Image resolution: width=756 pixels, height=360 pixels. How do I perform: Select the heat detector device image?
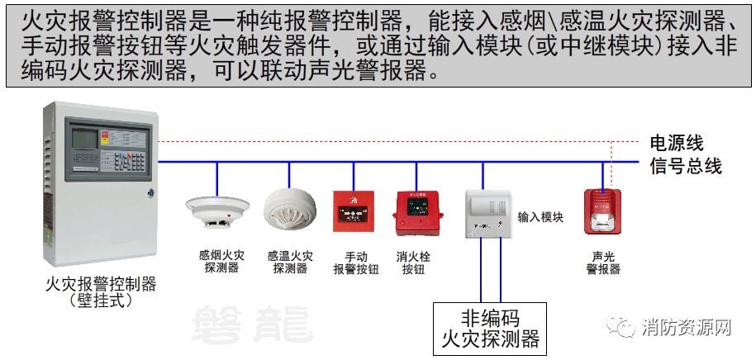(x=290, y=210)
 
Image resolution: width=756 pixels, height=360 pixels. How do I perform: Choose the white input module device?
(x=487, y=215)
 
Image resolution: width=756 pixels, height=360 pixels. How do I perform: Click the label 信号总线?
(x=686, y=165)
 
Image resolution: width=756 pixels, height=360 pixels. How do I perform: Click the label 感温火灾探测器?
(x=290, y=263)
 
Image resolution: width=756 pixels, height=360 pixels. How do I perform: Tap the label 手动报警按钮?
(x=356, y=263)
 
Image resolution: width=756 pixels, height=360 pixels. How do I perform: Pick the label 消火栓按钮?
(x=413, y=263)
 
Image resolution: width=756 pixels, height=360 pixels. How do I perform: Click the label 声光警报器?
(x=603, y=263)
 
